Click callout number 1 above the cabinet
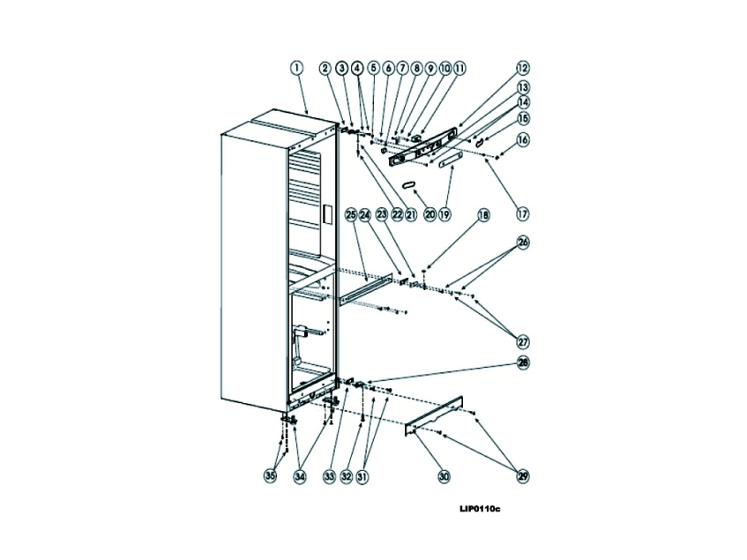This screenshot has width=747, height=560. click(x=297, y=68)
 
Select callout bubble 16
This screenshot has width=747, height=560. click(x=523, y=139)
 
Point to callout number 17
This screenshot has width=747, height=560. click(x=523, y=213)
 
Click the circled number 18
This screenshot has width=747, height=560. click(x=483, y=214)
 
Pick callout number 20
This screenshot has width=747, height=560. click(x=430, y=214)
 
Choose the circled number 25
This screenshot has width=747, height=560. click(x=350, y=214)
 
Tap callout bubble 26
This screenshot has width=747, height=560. click(x=523, y=243)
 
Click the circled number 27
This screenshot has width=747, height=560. click(x=523, y=341)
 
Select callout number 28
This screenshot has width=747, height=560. click(x=523, y=363)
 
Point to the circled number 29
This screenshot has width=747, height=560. click(x=523, y=476)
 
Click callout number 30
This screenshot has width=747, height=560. click(x=444, y=476)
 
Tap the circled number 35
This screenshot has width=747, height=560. click(x=271, y=476)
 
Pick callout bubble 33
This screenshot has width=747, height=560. click(x=329, y=476)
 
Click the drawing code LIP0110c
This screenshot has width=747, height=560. click(x=479, y=509)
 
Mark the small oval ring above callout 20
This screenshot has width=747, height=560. click(x=409, y=184)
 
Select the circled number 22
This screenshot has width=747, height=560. click(x=397, y=214)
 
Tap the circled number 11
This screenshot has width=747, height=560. click(x=459, y=68)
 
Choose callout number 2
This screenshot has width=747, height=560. click(x=325, y=68)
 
